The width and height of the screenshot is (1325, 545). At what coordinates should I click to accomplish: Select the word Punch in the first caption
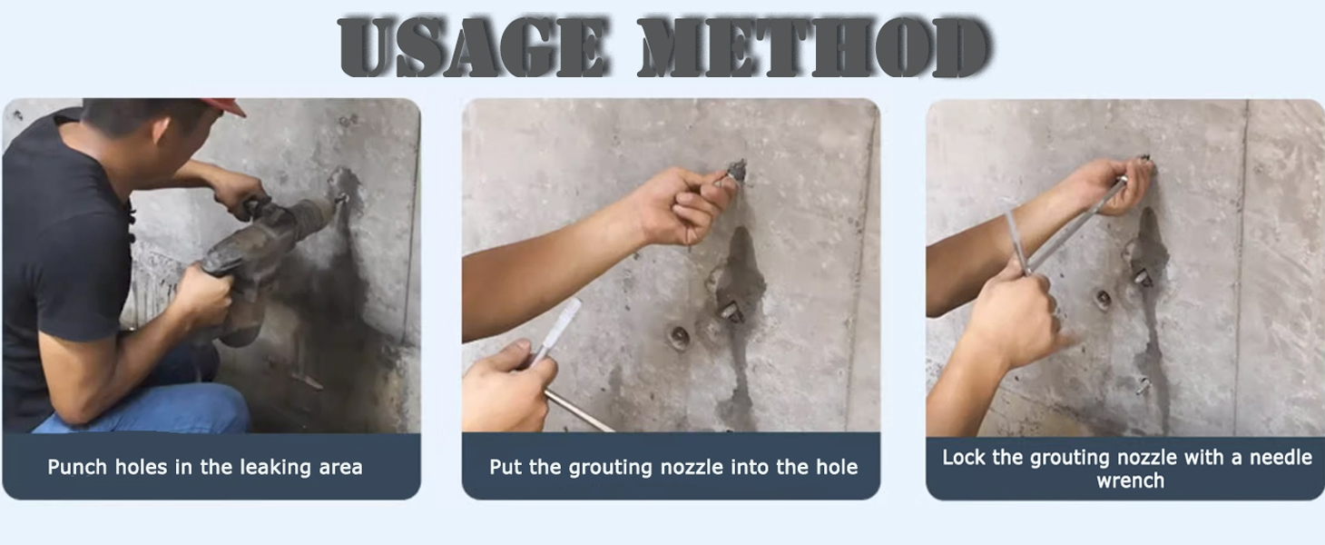pyautogui.click(x=77, y=468)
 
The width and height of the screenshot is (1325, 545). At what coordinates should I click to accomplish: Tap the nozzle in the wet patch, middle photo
pyautogui.click(x=728, y=312)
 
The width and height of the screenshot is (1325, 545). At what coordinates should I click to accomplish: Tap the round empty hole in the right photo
pyautogui.click(x=1103, y=299)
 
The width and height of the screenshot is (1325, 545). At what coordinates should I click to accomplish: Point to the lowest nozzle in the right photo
pyautogui.click(x=1143, y=385)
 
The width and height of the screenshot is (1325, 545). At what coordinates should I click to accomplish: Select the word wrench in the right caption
pyautogui.click(x=1130, y=481)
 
